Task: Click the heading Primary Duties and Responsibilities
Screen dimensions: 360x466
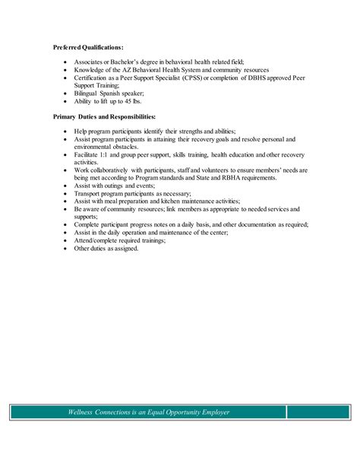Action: coord(105,117)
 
